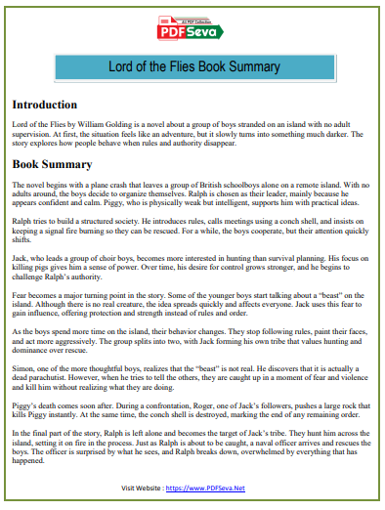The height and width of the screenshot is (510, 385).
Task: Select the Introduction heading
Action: point(45,105)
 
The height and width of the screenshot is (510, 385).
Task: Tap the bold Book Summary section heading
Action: point(52,165)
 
